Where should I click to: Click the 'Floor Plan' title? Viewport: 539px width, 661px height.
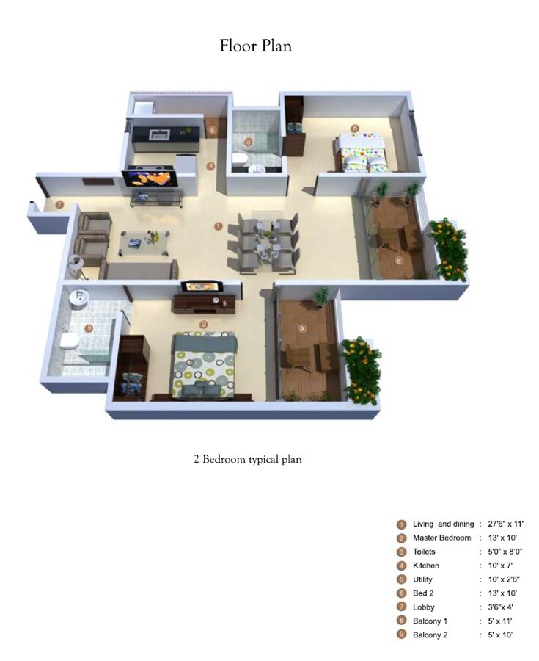coord(256,46)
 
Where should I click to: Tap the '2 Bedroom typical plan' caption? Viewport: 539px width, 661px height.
coord(248,459)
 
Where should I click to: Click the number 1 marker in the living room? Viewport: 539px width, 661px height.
coord(217,226)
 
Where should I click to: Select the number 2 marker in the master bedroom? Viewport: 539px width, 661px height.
coord(204,324)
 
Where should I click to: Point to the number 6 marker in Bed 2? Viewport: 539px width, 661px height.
coord(355,128)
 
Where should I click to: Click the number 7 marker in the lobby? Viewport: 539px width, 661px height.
coord(59,204)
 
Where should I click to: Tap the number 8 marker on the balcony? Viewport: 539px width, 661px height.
coord(399,259)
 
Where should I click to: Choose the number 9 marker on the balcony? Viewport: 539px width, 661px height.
coord(301,329)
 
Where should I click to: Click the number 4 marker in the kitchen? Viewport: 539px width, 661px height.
coord(211,166)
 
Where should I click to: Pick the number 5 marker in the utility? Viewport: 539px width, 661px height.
coord(213,131)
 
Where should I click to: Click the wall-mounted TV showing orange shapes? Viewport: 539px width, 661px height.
coord(150,177)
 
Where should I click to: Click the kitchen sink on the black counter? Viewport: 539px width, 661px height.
coord(159,134)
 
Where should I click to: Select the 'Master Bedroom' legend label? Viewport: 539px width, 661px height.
coord(441,538)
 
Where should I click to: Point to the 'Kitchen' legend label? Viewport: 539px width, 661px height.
coord(426,566)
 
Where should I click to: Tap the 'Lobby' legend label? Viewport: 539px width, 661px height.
coord(423,607)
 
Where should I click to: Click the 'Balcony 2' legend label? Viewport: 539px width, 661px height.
coord(430,635)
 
